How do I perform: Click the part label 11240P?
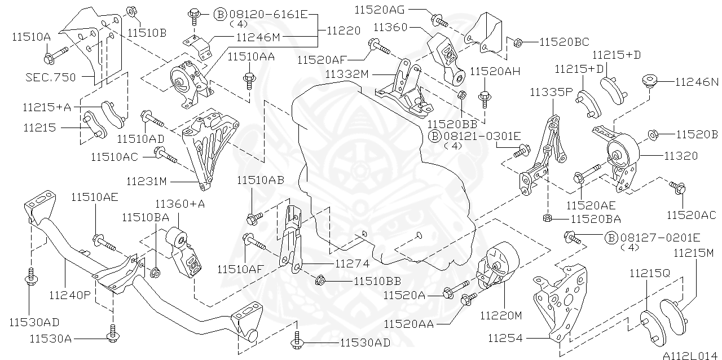[70, 294]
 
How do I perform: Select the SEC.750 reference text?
[50, 77]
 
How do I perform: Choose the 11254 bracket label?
[506, 339]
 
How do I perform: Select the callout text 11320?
[680, 156]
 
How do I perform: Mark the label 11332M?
[346, 74]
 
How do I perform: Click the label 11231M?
[147, 181]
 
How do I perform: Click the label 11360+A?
[176, 204]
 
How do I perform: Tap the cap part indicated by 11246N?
[651, 81]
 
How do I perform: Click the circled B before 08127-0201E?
[610, 238]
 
